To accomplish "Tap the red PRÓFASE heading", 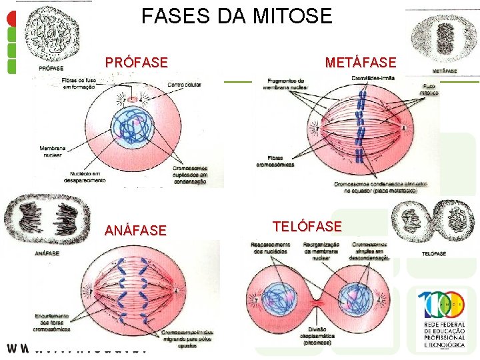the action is coord(136,63).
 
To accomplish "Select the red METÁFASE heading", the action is coord(360,63).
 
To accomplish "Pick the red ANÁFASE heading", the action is coord(135,231).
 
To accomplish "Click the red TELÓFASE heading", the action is coord(307,226).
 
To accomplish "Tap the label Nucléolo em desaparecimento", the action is coord(85,177).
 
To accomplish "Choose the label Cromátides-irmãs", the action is coord(372,78).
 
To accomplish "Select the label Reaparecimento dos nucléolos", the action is coord(270,248).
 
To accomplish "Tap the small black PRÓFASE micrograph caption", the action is coord(51,68).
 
